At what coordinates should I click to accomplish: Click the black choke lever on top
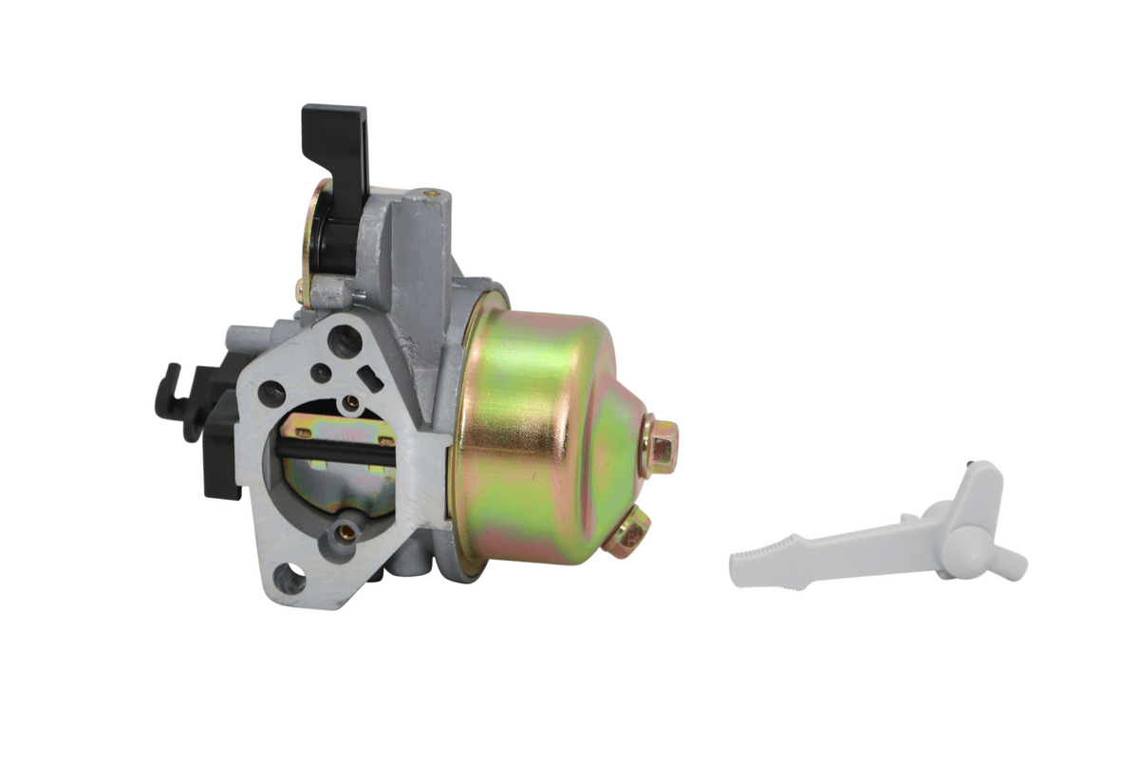(x=334, y=142)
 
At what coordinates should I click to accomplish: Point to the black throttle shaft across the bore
(x=342, y=452)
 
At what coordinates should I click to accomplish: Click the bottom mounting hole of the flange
(x=289, y=575)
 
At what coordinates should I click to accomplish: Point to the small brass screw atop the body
(x=432, y=195)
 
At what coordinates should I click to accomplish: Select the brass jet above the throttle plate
(x=350, y=402)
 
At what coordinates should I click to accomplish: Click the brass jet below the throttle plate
(x=347, y=532)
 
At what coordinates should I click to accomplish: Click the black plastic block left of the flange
(x=220, y=455)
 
